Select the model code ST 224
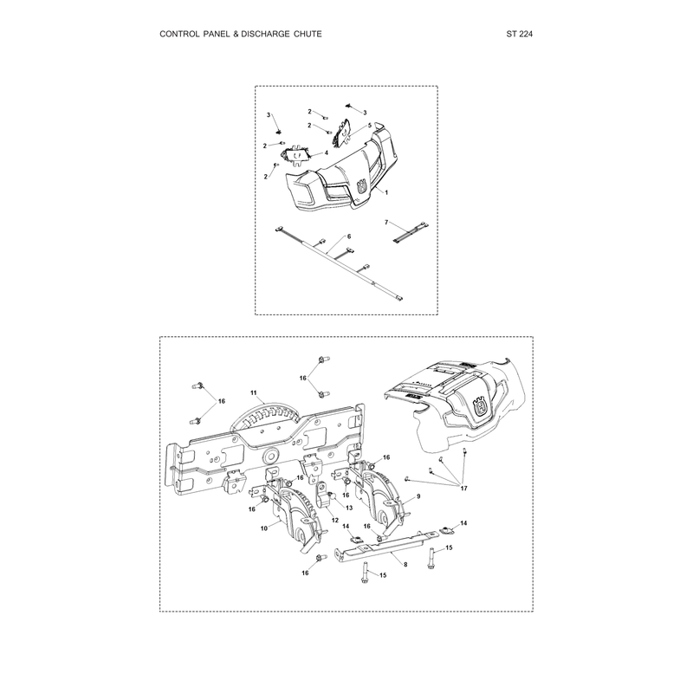tap(519, 34)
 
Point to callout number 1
tap(386, 192)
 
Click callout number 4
tap(327, 153)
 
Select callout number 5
tap(370, 126)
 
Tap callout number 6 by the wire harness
tap(349, 236)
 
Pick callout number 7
tap(386, 223)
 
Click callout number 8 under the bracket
tap(405, 565)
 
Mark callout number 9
tap(418, 496)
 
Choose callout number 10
tap(264, 528)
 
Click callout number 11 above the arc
tap(254, 392)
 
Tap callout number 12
tap(335, 521)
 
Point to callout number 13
tap(349, 508)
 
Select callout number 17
tap(463, 489)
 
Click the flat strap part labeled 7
tap(410, 232)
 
